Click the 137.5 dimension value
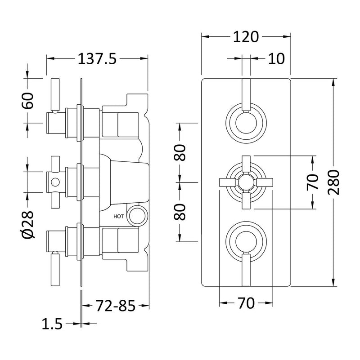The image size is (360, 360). click(97, 58)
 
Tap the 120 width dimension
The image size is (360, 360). click(246, 37)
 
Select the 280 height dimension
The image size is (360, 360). click(333, 183)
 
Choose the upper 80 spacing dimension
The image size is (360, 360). click(180, 152)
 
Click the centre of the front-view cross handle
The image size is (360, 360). click(246, 182)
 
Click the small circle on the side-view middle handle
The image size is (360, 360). click(55, 182)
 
